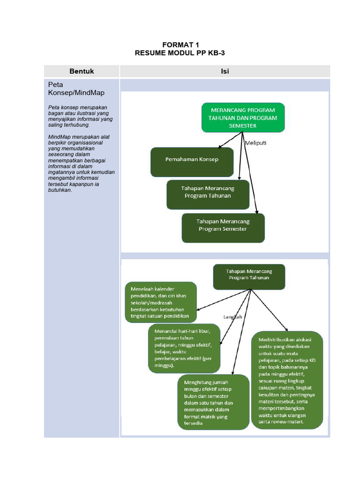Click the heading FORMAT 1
pyautogui.click(x=180, y=45)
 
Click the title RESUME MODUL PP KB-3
pyautogui.click(x=180, y=53)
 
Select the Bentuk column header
pyautogui.click(x=82, y=71)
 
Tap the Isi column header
pyautogui.click(x=225, y=71)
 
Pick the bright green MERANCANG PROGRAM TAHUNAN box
pyautogui.click(x=243, y=118)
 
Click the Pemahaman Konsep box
pyautogui.click(x=192, y=159)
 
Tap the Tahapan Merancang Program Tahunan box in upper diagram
pyautogui.click(x=208, y=192)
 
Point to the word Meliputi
pyautogui.click(x=256, y=143)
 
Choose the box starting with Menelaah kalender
pyautogui.click(x=161, y=303)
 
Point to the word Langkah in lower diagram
pyautogui.click(x=233, y=317)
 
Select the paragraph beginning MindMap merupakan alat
pyautogui.click(x=82, y=163)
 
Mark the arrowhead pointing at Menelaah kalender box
pyautogui.click(x=199, y=310)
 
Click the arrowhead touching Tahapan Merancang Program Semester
pyautogui.click(x=257, y=211)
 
